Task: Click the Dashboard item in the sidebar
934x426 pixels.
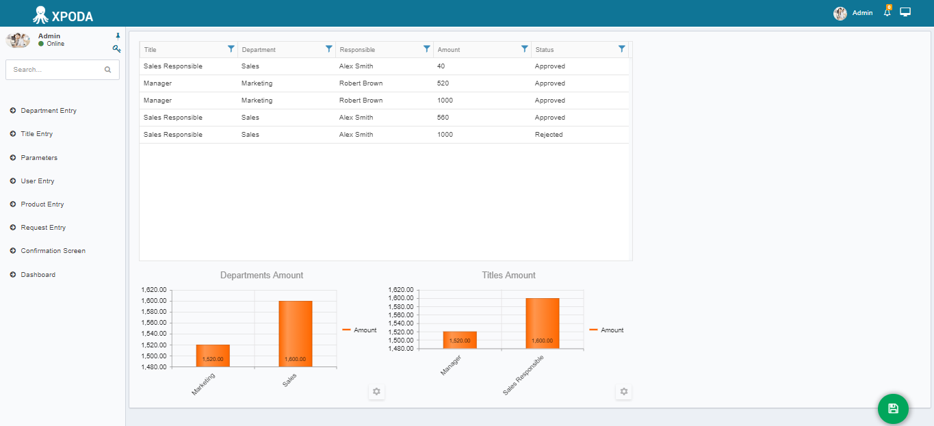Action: [38, 275]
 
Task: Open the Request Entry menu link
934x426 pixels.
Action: [43, 228]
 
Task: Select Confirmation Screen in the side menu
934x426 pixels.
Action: [53, 251]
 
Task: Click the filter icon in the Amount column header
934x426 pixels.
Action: [525, 49]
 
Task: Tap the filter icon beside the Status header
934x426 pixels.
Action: [622, 49]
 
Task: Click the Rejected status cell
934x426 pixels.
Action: [549, 135]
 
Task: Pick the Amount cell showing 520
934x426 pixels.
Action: [443, 83]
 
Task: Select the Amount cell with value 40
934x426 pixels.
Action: [441, 66]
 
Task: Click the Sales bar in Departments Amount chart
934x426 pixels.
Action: [295, 334]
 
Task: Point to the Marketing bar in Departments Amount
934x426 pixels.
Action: [213, 356]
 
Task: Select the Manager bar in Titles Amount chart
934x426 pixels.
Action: [460, 340]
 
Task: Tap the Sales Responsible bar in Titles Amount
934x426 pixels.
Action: [542, 323]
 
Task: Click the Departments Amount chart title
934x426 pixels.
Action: [261, 276]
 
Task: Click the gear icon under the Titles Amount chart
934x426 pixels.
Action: [624, 391]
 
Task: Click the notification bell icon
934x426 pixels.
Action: [887, 12]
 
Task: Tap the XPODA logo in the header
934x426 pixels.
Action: [63, 16]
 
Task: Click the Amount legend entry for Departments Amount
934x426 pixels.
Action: [359, 330]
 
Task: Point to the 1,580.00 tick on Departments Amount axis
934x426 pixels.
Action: [154, 312]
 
